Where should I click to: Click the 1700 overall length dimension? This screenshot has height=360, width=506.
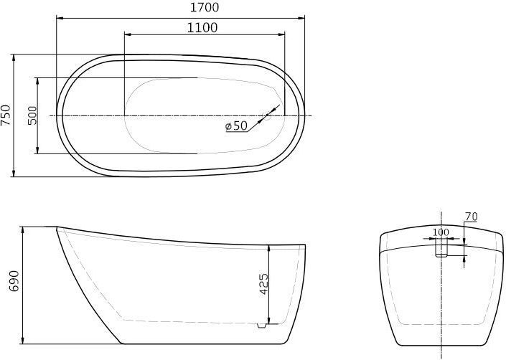(x=205, y=7)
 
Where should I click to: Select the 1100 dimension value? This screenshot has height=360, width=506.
(x=202, y=28)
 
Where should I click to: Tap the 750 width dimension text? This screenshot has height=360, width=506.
(x=6, y=115)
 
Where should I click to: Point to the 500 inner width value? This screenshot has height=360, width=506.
(x=32, y=115)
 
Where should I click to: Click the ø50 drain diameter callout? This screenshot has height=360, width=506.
(x=236, y=125)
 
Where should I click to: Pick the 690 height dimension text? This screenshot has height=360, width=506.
(x=14, y=281)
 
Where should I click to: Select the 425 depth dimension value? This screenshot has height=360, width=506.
(x=264, y=284)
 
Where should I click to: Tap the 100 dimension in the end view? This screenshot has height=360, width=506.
(x=441, y=232)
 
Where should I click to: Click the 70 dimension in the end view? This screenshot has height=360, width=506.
(x=471, y=217)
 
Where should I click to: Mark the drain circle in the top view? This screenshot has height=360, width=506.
(x=267, y=115)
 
